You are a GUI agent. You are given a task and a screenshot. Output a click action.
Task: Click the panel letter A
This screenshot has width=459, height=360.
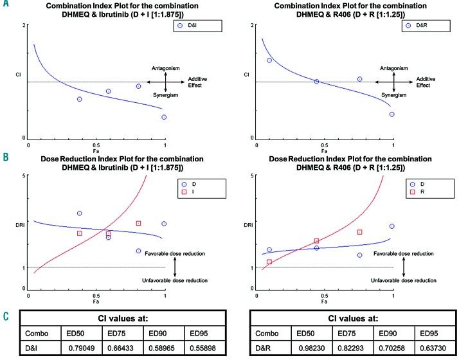point(6,5)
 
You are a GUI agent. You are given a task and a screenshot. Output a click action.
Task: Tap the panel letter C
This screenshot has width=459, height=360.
point(6,316)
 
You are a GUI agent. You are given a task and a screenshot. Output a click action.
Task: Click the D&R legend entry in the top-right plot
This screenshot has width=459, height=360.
point(419,26)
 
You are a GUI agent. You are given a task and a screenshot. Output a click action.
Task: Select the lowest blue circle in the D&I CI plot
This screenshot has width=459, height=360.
point(165,117)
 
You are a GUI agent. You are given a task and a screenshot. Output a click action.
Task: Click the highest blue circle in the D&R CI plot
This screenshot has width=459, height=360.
point(269,60)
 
